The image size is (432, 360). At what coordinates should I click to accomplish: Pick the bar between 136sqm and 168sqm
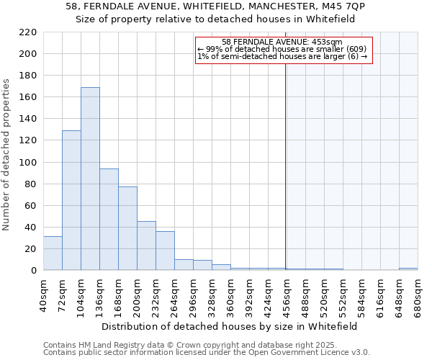pyautogui.click(x=109, y=219)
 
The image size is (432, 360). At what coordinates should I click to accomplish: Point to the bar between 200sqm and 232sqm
pyautogui.click(x=146, y=246)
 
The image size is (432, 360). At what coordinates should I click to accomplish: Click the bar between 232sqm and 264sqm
pyautogui.click(x=165, y=251)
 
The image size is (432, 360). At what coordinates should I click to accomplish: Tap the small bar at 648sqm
pyautogui.click(x=408, y=269)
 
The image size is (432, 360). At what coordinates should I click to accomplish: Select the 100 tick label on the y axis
pyautogui.click(x=27, y=162)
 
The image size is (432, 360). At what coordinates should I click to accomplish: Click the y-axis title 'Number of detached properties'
pyautogui.click(x=7, y=155)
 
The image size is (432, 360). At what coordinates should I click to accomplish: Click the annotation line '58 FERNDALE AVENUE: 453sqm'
pyautogui.click(x=282, y=42)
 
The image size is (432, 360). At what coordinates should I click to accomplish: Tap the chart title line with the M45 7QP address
pyautogui.click(x=216, y=7)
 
